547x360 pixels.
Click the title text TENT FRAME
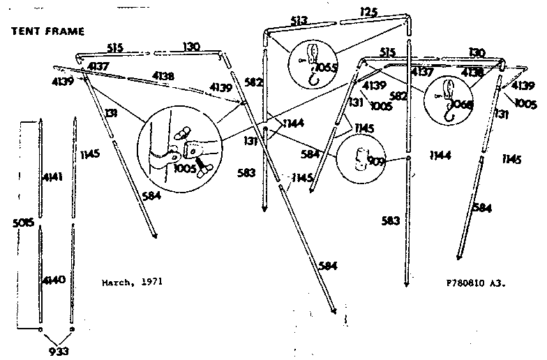point(47,31)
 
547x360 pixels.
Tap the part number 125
point(369,11)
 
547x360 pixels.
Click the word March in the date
point(117,283)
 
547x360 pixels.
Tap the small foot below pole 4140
point(40,328)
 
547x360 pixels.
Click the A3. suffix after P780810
point(497,284)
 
